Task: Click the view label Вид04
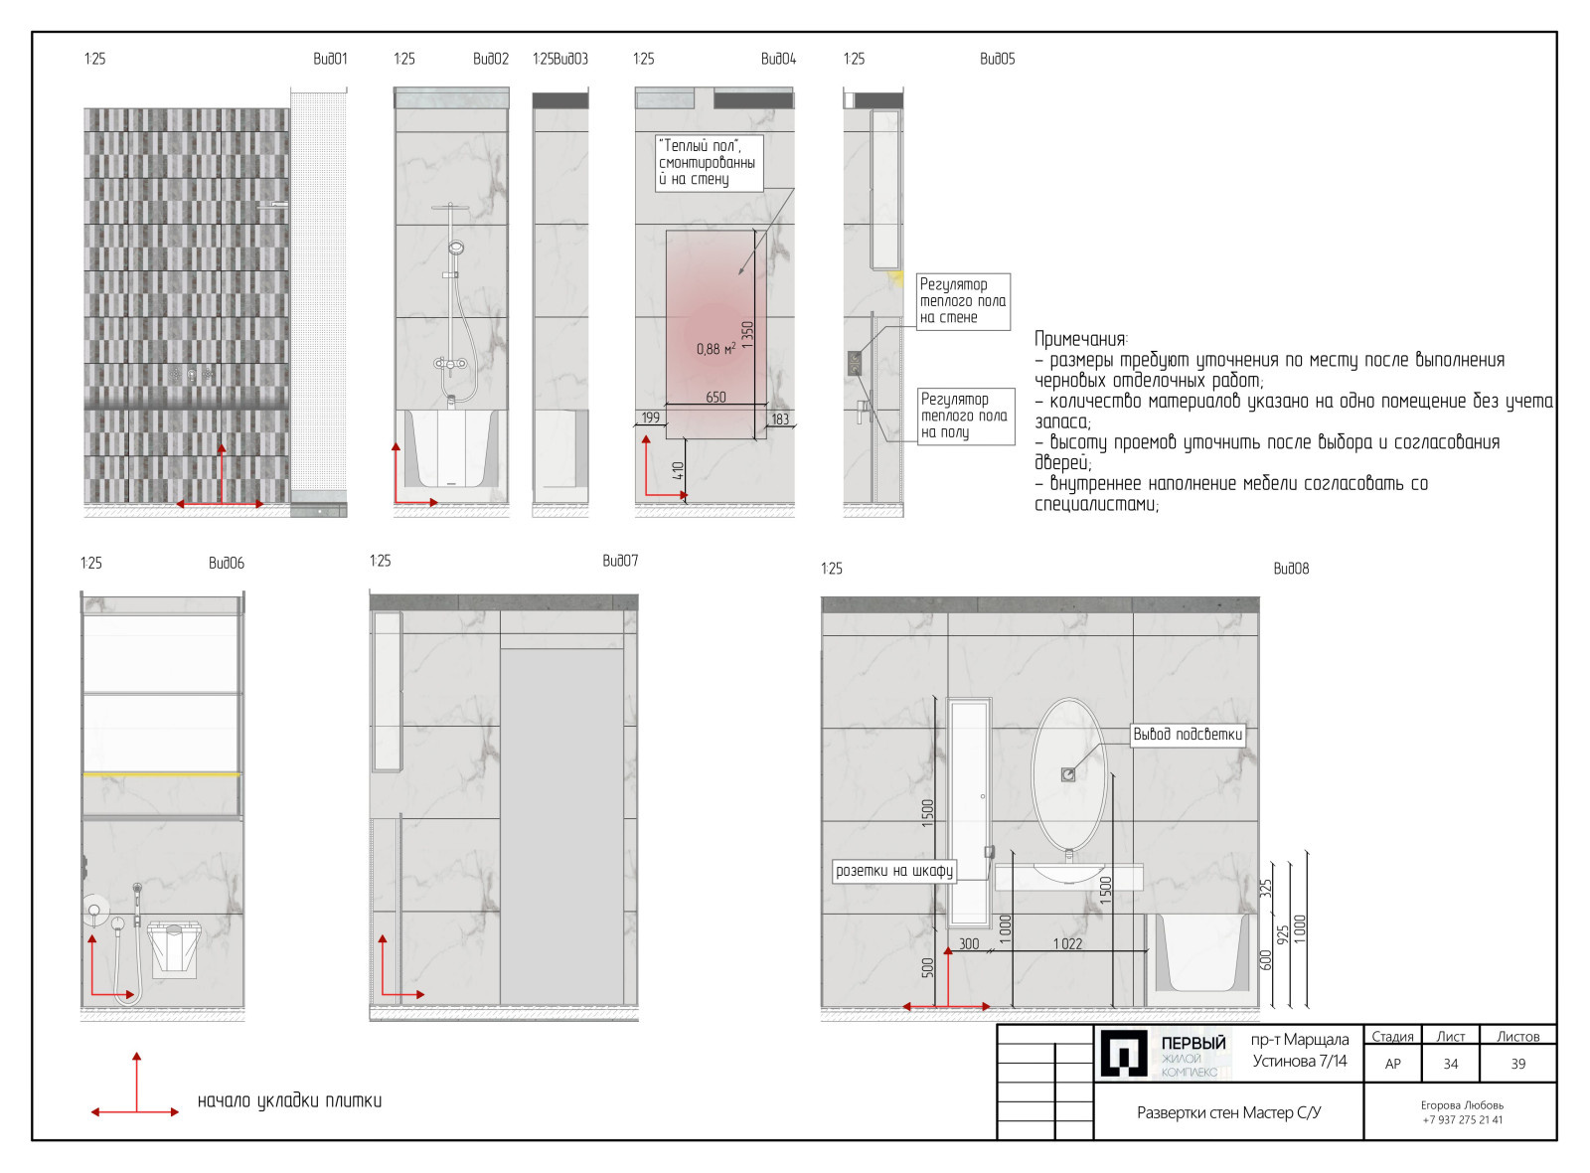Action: [778, 59]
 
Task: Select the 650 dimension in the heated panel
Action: [715, 398]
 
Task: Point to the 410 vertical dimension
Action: [678, 470]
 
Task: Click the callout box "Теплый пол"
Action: [710, 163]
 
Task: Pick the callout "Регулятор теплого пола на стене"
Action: [963, 302]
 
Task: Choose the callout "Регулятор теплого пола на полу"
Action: [965, 417]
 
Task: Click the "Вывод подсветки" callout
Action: [1188, 735]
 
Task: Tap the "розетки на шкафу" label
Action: [894, 871]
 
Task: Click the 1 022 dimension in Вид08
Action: [1067, 944]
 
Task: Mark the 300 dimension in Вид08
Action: [969, 944]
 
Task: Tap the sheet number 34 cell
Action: [1450, 1064]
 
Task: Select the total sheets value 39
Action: [1517, 1064]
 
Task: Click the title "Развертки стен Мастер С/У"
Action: [1228, 1112]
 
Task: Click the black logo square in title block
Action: [1124, 1054]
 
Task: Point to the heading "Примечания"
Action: [1080, 339]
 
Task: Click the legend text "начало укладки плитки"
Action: [289, 1101]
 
